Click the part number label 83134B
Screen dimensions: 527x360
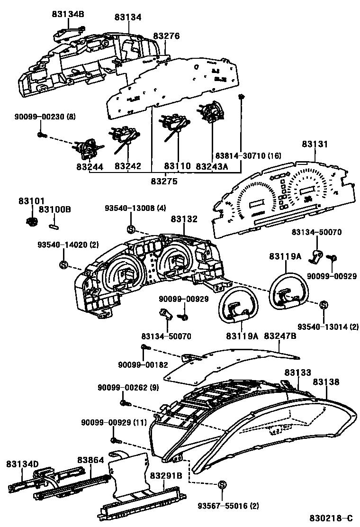coord(68,14)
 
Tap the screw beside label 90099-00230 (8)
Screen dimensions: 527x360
coord(41,135)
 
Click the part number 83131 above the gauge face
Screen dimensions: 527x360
coord(314,144)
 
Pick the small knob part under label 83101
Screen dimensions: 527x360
coord(32,221)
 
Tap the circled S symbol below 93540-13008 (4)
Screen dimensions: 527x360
coord(131,230)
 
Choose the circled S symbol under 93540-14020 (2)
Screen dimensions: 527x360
coord(64,264)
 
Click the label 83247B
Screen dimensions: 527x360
coord(280,336)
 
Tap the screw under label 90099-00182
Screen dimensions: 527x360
coord(144,348)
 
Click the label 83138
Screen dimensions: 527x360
coord(326,382)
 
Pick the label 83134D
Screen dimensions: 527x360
coord(22,463)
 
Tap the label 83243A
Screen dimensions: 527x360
coord(212,167)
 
